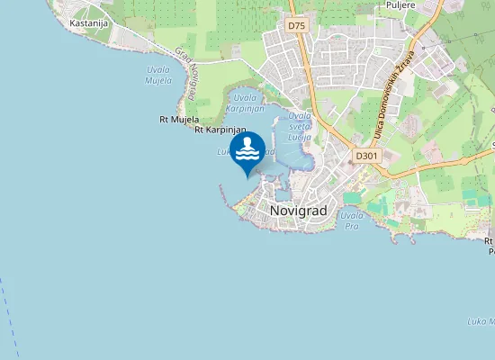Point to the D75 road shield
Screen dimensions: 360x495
[297, 26]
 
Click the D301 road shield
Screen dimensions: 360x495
[365, 156]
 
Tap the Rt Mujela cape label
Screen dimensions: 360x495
[178, 119]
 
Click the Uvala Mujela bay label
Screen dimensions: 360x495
[158, 75]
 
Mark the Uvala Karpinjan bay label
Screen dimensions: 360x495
[244, 102]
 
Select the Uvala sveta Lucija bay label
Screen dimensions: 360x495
[300, 126]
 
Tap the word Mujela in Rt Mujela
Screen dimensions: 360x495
[185, 119]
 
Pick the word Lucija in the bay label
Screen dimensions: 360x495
[300, 137]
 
